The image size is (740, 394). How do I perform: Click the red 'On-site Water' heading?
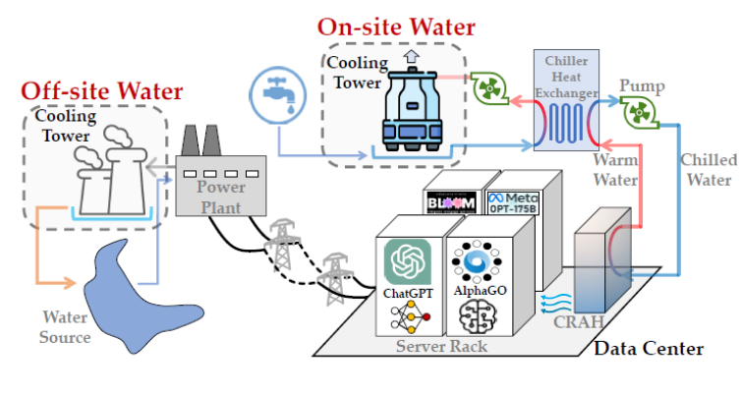[395, 27]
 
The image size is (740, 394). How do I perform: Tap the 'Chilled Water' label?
[707, 169]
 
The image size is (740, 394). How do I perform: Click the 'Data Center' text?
[646, 348]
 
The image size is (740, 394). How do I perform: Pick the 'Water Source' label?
[66, 327]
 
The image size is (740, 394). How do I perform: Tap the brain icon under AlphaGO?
[478, 317]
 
